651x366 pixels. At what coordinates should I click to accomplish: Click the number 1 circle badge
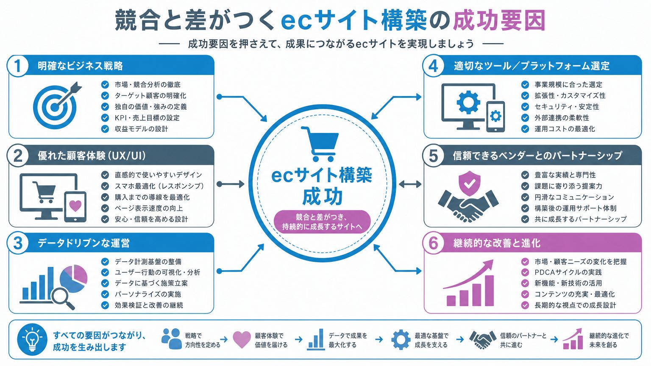coord(18,66)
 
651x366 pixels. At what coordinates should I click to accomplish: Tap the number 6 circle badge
coord(433,243)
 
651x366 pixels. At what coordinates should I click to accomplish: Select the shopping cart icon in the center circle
coord(320,144)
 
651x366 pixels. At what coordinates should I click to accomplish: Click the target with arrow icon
coord(57,105)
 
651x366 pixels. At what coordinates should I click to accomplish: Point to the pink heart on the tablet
coord(75,205)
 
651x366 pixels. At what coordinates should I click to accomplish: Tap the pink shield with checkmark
coord(469,183)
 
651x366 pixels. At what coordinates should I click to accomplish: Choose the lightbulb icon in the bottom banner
coord(32,339)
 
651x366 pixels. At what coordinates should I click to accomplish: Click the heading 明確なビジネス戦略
coord(80,66)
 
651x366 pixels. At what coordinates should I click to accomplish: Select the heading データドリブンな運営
coord(83,243)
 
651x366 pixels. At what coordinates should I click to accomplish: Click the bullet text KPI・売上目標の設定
coord(147,118)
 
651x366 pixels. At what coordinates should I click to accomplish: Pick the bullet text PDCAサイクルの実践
coord(568,272)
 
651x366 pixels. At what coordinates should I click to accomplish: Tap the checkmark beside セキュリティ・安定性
coord(525,107)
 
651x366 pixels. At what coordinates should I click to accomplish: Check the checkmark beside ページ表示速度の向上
coord(105,208)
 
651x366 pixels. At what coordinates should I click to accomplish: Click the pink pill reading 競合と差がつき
coord(322,222)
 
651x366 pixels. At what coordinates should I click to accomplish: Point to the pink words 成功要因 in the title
coord(499,20)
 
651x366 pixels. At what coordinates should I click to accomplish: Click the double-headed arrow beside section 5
coord(410,184)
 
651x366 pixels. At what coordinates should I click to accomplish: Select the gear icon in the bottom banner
coord(401,339)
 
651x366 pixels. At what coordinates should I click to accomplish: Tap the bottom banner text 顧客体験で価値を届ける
coord(271,340)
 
